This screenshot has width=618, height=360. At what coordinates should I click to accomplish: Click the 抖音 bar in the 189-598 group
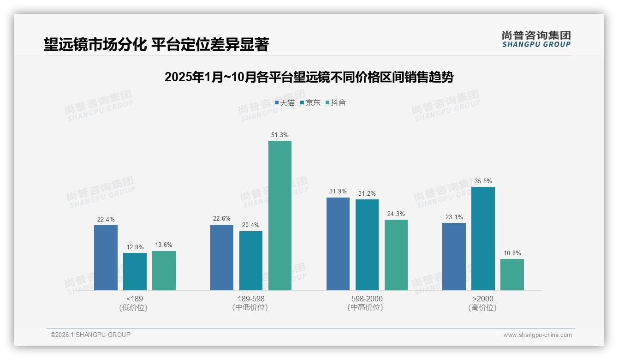click(x=280, y=216)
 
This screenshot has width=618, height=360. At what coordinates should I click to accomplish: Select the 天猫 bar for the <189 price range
click(x=106, y=258)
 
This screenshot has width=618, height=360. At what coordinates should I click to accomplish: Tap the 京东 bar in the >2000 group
click(x=483, y=239)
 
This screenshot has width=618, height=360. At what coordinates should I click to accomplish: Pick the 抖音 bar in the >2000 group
click(x=512, y=275)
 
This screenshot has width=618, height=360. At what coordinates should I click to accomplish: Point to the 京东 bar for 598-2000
click(x=367, y=245)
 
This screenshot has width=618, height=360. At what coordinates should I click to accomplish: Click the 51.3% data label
click(x=280, y=135)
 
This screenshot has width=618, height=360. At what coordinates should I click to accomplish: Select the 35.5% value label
click(x=483, y=181)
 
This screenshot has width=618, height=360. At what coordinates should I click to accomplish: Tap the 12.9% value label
click(x=135, y=247)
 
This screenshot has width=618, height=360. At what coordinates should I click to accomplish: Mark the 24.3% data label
click(x=396, y=214)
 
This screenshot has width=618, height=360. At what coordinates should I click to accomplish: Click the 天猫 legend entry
click(x=285, y=103)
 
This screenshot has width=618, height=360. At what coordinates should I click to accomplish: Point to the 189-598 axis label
click(x=251, y=299)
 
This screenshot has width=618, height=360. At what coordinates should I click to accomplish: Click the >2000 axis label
click(x=483, y=299)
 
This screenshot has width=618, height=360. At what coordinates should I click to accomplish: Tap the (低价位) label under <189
click(x=134, y=307)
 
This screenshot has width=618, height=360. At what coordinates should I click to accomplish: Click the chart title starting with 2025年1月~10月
click(x=309, y=77)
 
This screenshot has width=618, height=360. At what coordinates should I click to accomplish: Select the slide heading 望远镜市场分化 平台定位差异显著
click(x=156, y=44)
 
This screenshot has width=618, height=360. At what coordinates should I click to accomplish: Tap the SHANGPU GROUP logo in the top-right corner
click(x=536, y=39)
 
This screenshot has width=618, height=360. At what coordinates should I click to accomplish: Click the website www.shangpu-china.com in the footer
click(x=537, y=335)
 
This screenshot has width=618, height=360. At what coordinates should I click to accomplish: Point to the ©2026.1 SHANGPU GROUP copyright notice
click(x=90, y=335)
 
